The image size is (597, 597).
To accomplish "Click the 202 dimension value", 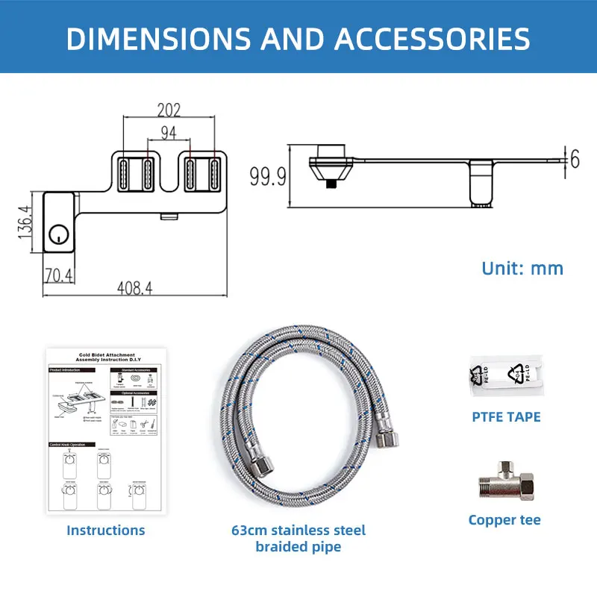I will [169, 110].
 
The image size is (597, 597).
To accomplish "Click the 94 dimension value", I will [169, 134].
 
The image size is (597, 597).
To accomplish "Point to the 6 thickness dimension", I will [575, 159].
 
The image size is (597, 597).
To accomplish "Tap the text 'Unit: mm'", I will [522, 268].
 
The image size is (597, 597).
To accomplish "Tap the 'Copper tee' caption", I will [504, 520].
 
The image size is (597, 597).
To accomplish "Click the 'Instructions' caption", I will [106, 531].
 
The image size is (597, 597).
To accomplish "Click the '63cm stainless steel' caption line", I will [298, 531].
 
